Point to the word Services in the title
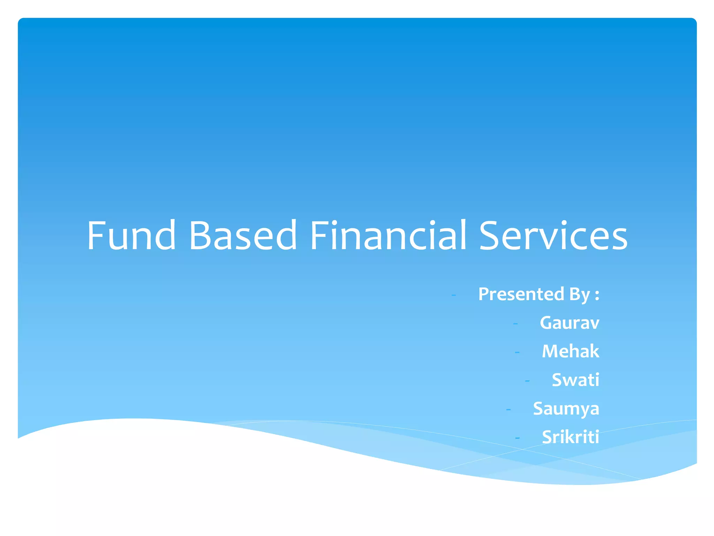point(553,236)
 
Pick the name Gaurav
point(569,323)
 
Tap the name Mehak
point(570,351)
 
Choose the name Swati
point(575,380)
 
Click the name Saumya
point(566,409)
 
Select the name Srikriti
point(570,437)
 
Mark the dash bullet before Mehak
point(517,352)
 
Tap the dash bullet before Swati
point(527,381)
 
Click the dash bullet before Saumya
point(508,409)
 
